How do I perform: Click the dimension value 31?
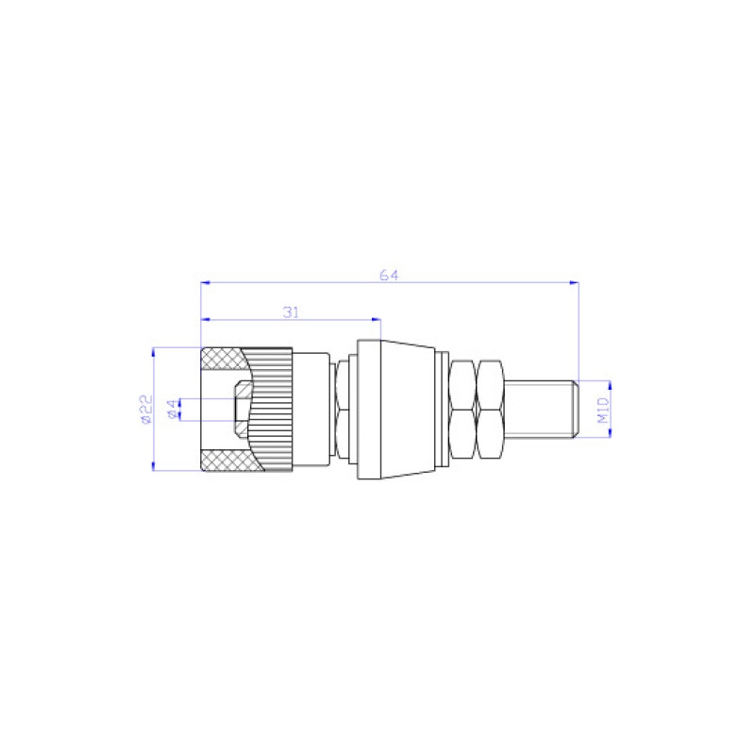291,310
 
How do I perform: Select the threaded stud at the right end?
538,409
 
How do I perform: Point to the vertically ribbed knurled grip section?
274,410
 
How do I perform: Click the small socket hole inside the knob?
242,410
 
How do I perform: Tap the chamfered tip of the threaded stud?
572,409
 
